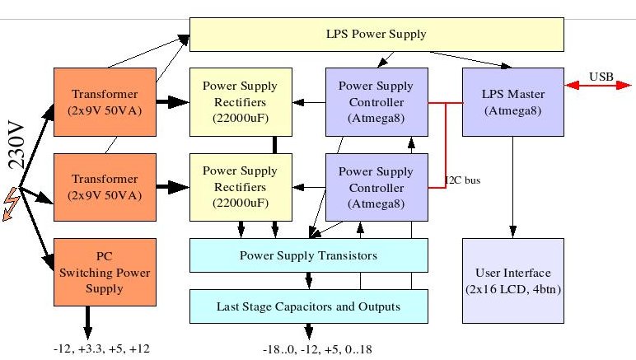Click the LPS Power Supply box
[376, 35]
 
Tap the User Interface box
[513, 280]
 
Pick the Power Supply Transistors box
[309, 255]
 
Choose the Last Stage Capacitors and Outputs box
[309, 306]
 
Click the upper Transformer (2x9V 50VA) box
[104, 102]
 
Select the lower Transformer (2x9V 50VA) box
[104, 187]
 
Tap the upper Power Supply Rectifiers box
[241, 102]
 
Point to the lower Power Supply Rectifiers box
[241, 187]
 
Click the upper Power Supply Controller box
[376, 102]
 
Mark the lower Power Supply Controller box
[376, 187]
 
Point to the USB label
[601, 77]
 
